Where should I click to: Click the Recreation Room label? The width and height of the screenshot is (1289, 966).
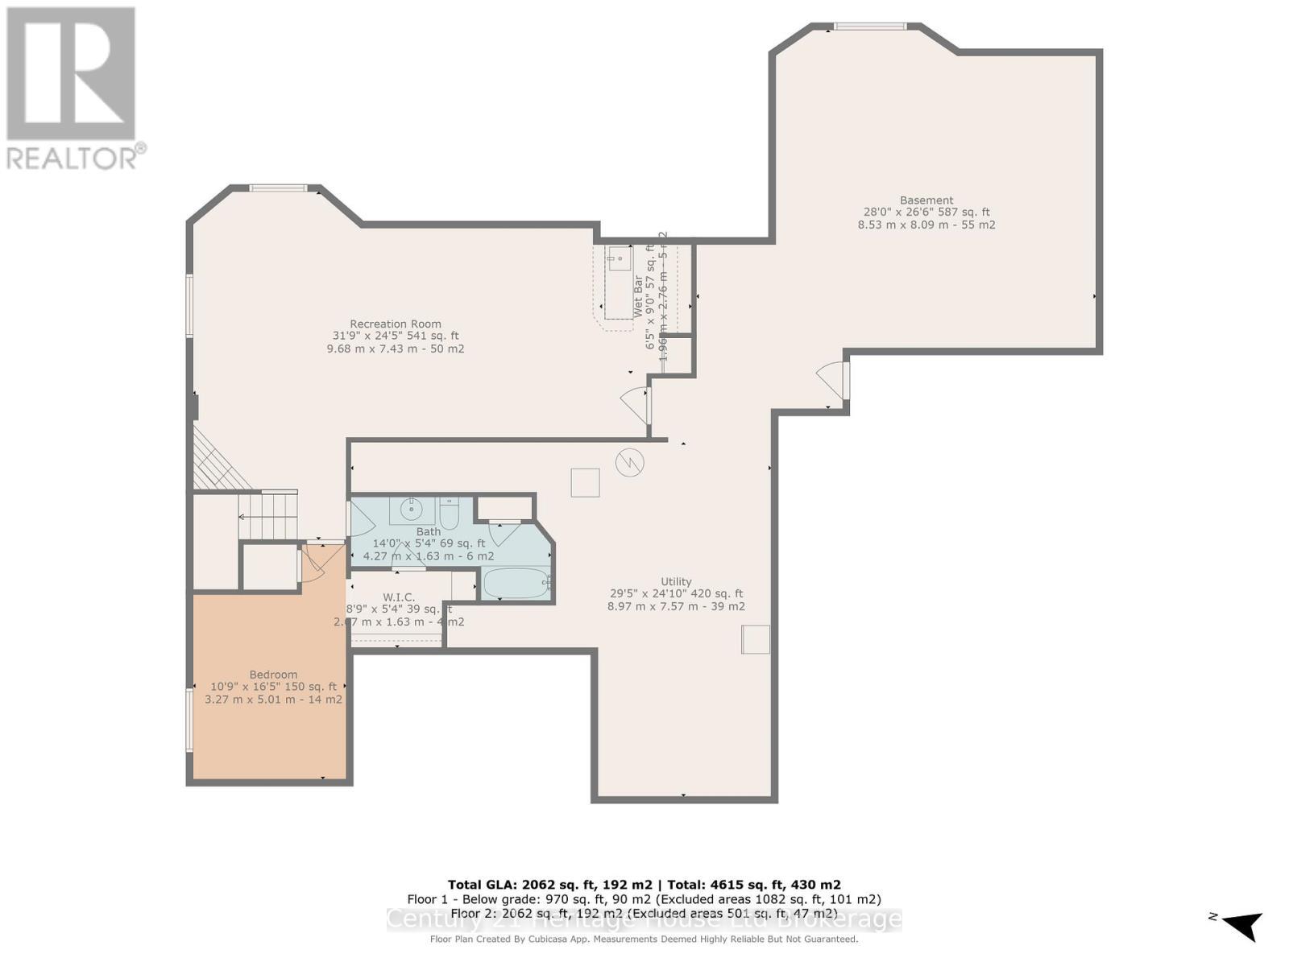(x=395, y=324)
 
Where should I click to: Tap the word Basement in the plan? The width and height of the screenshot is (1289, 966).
(x=926, y=200)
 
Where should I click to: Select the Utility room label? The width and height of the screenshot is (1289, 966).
(x=676, y=581)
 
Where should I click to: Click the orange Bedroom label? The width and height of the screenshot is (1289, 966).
(x=273, y=675)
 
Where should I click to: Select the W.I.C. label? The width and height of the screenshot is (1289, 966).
(x=399, y=597)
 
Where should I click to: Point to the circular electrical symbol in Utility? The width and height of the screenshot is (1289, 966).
(x=629, y=463)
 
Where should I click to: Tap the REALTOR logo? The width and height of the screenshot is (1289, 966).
(x=73, y=89)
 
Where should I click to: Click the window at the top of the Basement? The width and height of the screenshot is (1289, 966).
(x=869, y=27)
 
